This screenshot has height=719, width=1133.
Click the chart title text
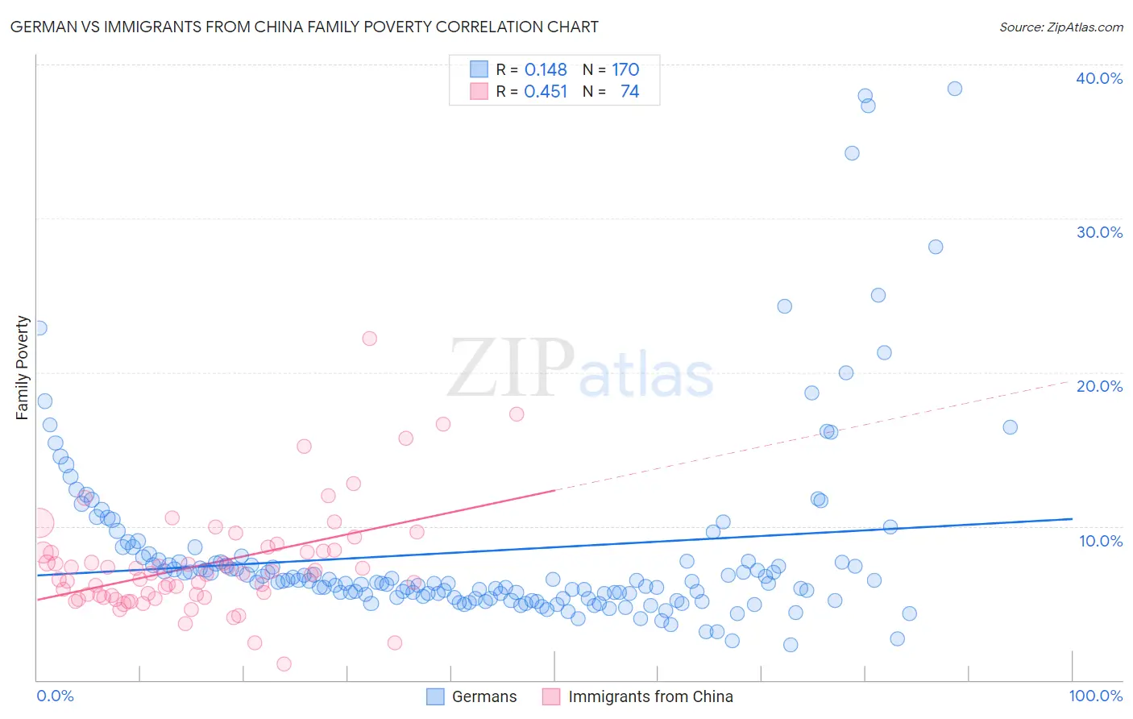tap(304, 27)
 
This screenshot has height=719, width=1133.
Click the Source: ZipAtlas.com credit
tap(1060, 27)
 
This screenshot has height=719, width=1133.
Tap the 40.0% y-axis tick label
tap(1099, 78)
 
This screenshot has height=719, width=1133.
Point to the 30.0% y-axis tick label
tap(1099, 232)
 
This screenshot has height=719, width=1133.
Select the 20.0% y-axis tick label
tap(1099, 386)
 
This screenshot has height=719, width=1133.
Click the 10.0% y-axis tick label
tap(1101, 541)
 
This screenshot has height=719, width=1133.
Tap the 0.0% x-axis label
tap(55, 696)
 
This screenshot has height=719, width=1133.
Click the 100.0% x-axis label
tap(1095, 696)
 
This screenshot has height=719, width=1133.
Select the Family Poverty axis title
tap(23, 368)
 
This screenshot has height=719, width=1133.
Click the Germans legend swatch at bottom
tap(435, 696)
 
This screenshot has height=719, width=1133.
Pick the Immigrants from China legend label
tap(650, 696)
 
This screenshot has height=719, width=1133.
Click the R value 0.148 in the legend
tap(546, 69)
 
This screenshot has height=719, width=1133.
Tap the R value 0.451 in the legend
tap(546, 92)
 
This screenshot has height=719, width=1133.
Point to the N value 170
tap(625, 69)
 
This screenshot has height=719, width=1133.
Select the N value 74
tap(629, 92)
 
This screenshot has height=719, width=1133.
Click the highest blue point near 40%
tap(954, 89)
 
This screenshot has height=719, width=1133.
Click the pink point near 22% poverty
tap(369, 339)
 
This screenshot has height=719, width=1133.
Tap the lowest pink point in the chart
tap(284, 664)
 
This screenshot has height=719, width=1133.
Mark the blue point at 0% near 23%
tap(39, 328)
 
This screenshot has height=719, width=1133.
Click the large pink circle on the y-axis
tap(39, 523)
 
